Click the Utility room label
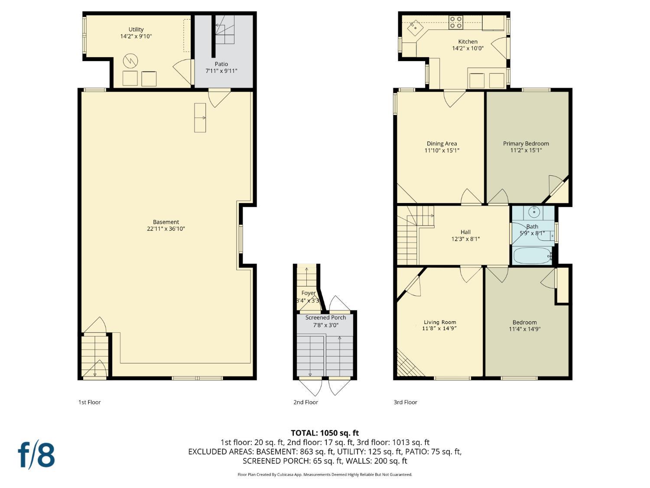click(x=136, y=29)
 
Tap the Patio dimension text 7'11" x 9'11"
click(x=221, y=71)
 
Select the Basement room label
click(x=166, y=222)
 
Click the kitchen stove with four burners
click(x=456, y=22)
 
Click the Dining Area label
click(x=442, y=144)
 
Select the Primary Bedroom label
click(x=526, y=144)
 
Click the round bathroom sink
click(x=534, y=212)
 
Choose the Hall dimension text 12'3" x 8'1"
click(x=465, y=239)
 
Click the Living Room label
click(x=440, y=322)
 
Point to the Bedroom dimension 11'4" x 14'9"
click(x=524, y=329)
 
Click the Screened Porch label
click(x=325, y=318)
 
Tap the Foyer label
click(x=308, y=293)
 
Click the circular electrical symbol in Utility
click(x=130, y=61)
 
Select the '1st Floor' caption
click(x=89, y=402)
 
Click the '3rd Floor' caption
click(x=405, y=402)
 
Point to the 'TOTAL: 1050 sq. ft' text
click(x=325, y=433)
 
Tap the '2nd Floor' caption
click(x=305, y=402)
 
